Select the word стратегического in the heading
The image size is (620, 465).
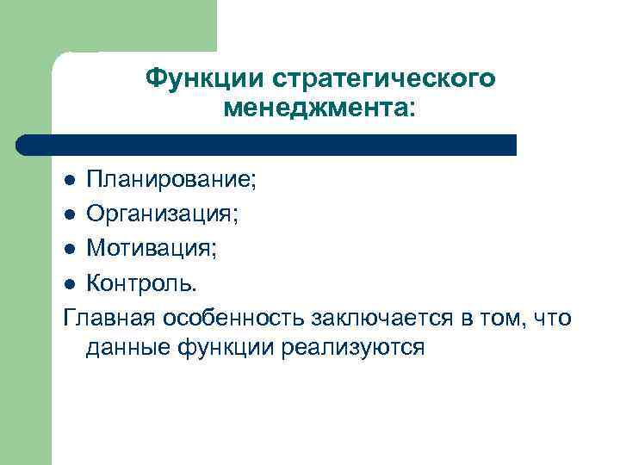(384, 78)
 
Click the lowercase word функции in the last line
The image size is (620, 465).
(229, 349)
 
